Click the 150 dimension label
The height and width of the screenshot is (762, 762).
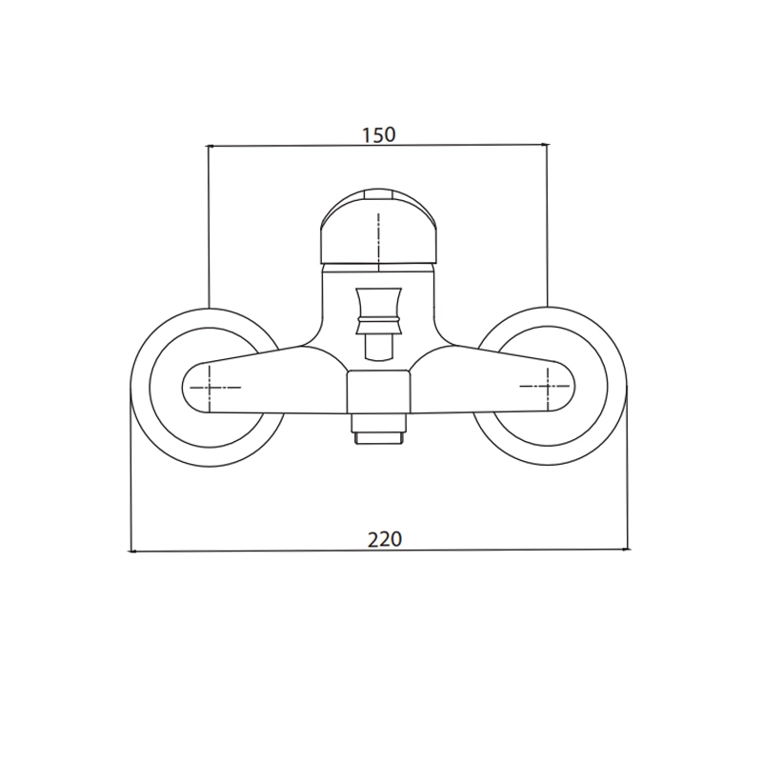coord(379,134)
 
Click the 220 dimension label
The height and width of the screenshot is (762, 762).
coord(385,539)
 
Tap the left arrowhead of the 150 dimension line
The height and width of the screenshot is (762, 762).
coord(210,146)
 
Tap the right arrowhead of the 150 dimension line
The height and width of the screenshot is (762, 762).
coord(545,144)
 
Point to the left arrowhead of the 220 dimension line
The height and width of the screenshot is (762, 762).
coord(131,551)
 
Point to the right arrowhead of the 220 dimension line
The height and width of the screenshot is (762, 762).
coord(626,550)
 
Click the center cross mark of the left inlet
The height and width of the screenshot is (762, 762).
coord(210,388)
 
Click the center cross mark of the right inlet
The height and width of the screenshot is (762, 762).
coord(548,387)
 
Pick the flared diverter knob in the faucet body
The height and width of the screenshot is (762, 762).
coord(379,311)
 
